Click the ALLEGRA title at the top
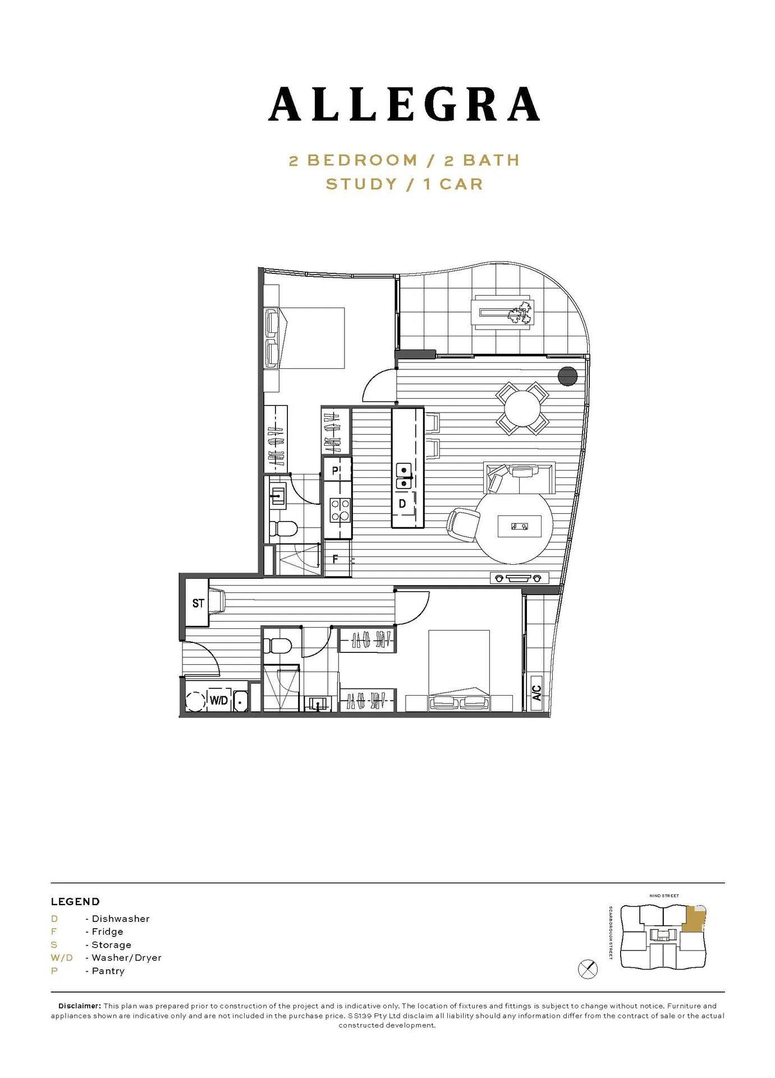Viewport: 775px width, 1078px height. pyautogui.click(x=404, y=104)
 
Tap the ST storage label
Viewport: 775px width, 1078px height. pyautogui.click(x=198, y=604)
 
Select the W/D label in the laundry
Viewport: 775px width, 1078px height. pyautogui.click(x=219, y=700)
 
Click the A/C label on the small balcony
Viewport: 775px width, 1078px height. pyautogui.click(x=536, y=692)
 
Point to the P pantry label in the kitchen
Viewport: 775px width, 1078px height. pyautogui.click(x=335, y=471)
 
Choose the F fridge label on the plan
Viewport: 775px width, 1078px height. pyautogui.click(x=336, y=559)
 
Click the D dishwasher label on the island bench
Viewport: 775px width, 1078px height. pyautogui.click(x=402, y=504)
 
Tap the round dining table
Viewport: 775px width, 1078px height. pyautogui.click(x=522, y=408)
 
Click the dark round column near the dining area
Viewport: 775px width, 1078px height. pyautogui.click(x=568, y=376)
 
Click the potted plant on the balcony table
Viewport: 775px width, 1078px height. pyautogui.click(x=520, y=314)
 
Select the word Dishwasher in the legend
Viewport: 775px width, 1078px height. pyautogui.click(x=121, y=919)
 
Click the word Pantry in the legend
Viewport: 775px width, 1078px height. pyautogui.click(x=108, y=971)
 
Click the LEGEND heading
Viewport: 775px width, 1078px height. pyautogui.click(x=75, y=902)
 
